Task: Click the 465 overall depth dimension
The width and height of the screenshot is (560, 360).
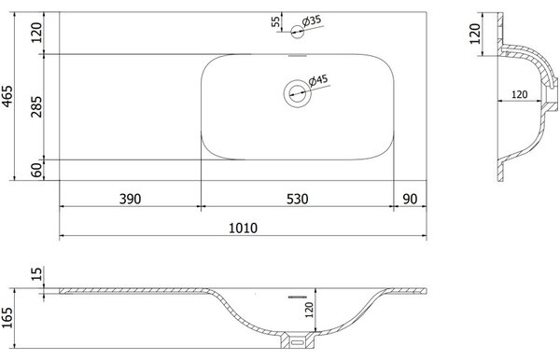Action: [7, 96]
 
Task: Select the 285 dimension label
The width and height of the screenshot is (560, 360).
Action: [36, 106]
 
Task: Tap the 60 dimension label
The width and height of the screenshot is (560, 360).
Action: [36, 170]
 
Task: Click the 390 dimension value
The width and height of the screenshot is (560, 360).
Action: [130, 199]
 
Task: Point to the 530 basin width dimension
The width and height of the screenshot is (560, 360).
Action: [297, 199]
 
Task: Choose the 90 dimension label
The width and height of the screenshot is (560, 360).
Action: [410, 199]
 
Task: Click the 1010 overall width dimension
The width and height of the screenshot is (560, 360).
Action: [243, 228]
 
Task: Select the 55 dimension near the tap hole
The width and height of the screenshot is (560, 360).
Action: [275, 21]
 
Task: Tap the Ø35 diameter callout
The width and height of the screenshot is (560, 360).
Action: [312, 21]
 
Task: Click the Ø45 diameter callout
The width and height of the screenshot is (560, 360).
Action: [318, 80]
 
